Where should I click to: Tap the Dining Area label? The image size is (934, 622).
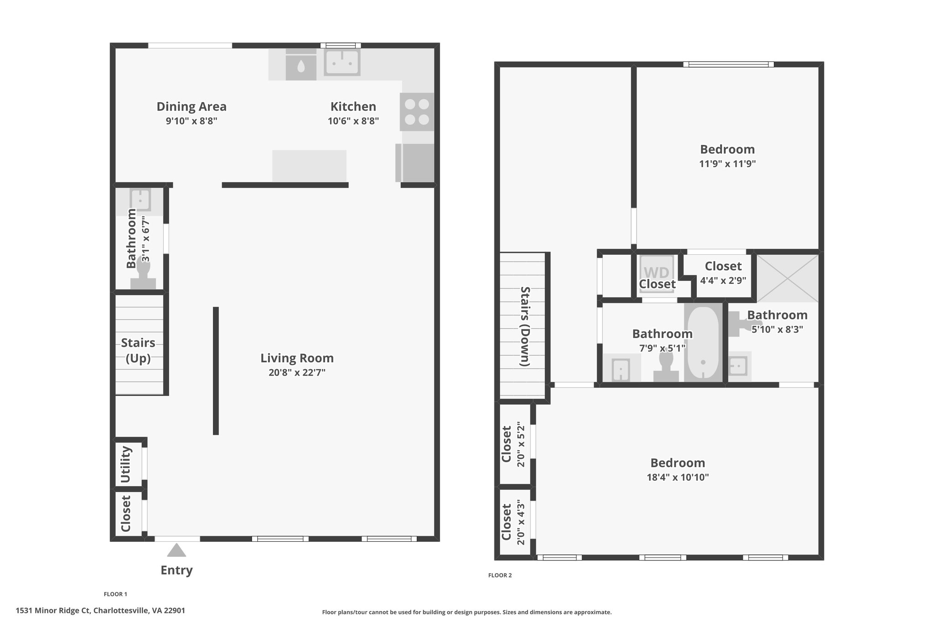[x=192, y=107]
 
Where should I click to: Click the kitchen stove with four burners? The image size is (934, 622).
[x=417, y=112]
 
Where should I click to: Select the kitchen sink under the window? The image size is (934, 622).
[x=342, y=62]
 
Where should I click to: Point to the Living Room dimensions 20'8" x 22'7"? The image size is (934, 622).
[x=297, y=373]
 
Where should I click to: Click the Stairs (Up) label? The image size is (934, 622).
[x=138, y=350]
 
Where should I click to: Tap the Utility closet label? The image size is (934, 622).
[x=126, y=465]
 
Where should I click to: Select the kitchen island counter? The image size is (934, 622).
[x=309, y=166]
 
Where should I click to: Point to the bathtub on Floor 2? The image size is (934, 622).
[x=703, y=343]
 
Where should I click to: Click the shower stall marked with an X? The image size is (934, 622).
[x=788, y=278]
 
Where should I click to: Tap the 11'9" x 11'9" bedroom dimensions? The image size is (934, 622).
[x=727, y=164]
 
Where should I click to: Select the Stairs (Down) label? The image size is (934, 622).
[x=525, y=326]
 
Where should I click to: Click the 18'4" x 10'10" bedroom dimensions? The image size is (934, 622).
[x=678, y=478]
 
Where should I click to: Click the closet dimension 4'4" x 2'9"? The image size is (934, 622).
[x=723, y=281]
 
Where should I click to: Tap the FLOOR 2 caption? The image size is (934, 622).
[x=500, y=576]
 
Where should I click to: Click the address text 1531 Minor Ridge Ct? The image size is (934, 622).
[x=53, y=611]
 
